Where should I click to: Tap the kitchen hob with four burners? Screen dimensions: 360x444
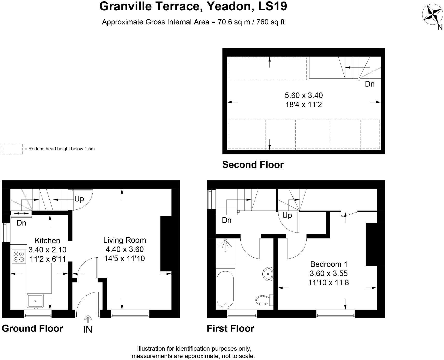19,256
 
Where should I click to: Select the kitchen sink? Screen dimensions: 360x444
35,301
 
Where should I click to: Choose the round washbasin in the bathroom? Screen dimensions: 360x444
268,273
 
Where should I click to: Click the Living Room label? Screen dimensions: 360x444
124,240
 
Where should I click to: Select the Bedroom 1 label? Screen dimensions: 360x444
329,264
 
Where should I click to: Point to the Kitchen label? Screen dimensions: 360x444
47,241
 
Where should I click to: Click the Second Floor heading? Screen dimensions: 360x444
253,165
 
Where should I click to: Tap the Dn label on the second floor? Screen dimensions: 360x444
369,84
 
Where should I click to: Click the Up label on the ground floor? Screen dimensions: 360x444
79,199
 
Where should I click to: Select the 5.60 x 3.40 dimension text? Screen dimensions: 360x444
304,95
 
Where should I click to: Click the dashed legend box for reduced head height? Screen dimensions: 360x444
12,149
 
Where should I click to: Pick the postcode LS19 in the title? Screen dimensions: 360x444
273,6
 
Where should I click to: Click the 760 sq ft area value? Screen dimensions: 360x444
271,22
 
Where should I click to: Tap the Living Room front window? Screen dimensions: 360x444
130,314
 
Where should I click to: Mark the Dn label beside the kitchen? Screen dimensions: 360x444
21,223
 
